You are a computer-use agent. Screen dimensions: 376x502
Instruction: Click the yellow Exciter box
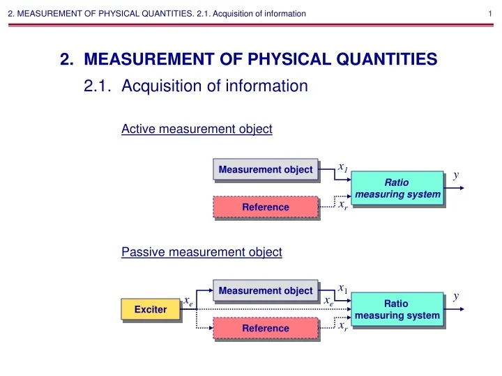[x=150, y=309]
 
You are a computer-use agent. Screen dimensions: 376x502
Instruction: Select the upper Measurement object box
[x=265, y=170]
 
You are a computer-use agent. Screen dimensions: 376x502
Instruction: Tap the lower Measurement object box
[x=265, y=290]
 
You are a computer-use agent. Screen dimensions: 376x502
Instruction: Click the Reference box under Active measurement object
[x=265, y=207]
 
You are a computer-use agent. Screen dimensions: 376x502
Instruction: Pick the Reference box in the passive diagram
[x=265, y=328]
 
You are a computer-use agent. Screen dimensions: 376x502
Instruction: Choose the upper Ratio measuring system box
[x=397, y=188]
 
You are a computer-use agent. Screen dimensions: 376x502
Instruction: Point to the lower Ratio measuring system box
[x=397, y=310]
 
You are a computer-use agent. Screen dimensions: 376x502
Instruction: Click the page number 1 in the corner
[x=492, y=13]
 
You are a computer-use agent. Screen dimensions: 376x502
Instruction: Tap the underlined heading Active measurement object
[x=197, y=129]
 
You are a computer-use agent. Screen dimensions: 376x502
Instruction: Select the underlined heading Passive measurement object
[x=201, y=252]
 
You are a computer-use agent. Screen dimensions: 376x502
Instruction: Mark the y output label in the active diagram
[x=456, y=175]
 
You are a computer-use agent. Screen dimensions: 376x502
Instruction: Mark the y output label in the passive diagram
[x=456, y=296]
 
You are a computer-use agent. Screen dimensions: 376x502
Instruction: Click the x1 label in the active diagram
[x=342, y=167]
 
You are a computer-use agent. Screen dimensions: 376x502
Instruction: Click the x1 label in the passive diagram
[x=342, y=288]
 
